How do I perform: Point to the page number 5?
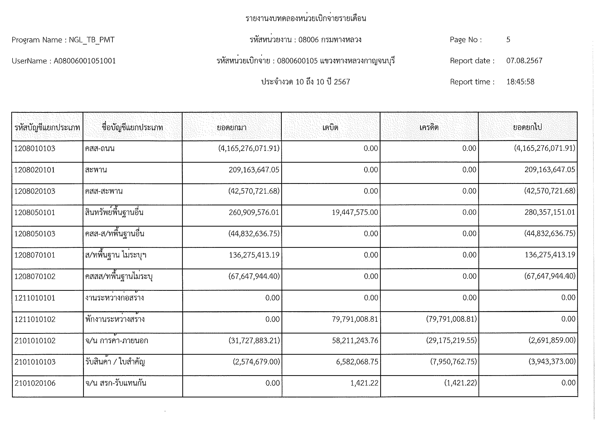tap(508, 40)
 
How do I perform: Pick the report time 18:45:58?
tap(520, 82)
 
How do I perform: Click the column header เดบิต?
tap(330, 127)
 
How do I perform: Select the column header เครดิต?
tap(429, 127)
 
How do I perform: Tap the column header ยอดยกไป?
tap(527, 127)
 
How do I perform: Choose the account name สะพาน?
tap(96, 170)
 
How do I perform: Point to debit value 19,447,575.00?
tap(355, 212)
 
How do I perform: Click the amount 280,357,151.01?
tap(550, 212)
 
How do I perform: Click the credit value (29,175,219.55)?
tap(451, 340)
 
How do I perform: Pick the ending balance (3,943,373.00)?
tap(552, 362)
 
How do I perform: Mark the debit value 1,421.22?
tap(364, 383)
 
